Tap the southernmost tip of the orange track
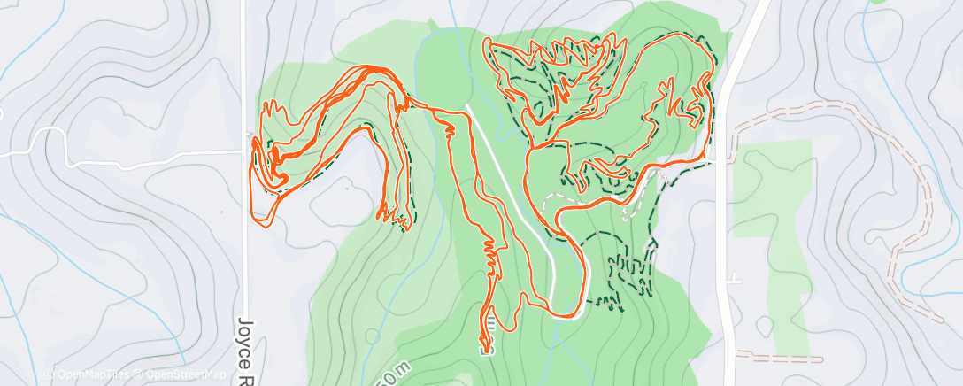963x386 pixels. (484, 347)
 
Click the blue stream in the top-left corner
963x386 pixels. (18, 53)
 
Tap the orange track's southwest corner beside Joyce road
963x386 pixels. (258, 218)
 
